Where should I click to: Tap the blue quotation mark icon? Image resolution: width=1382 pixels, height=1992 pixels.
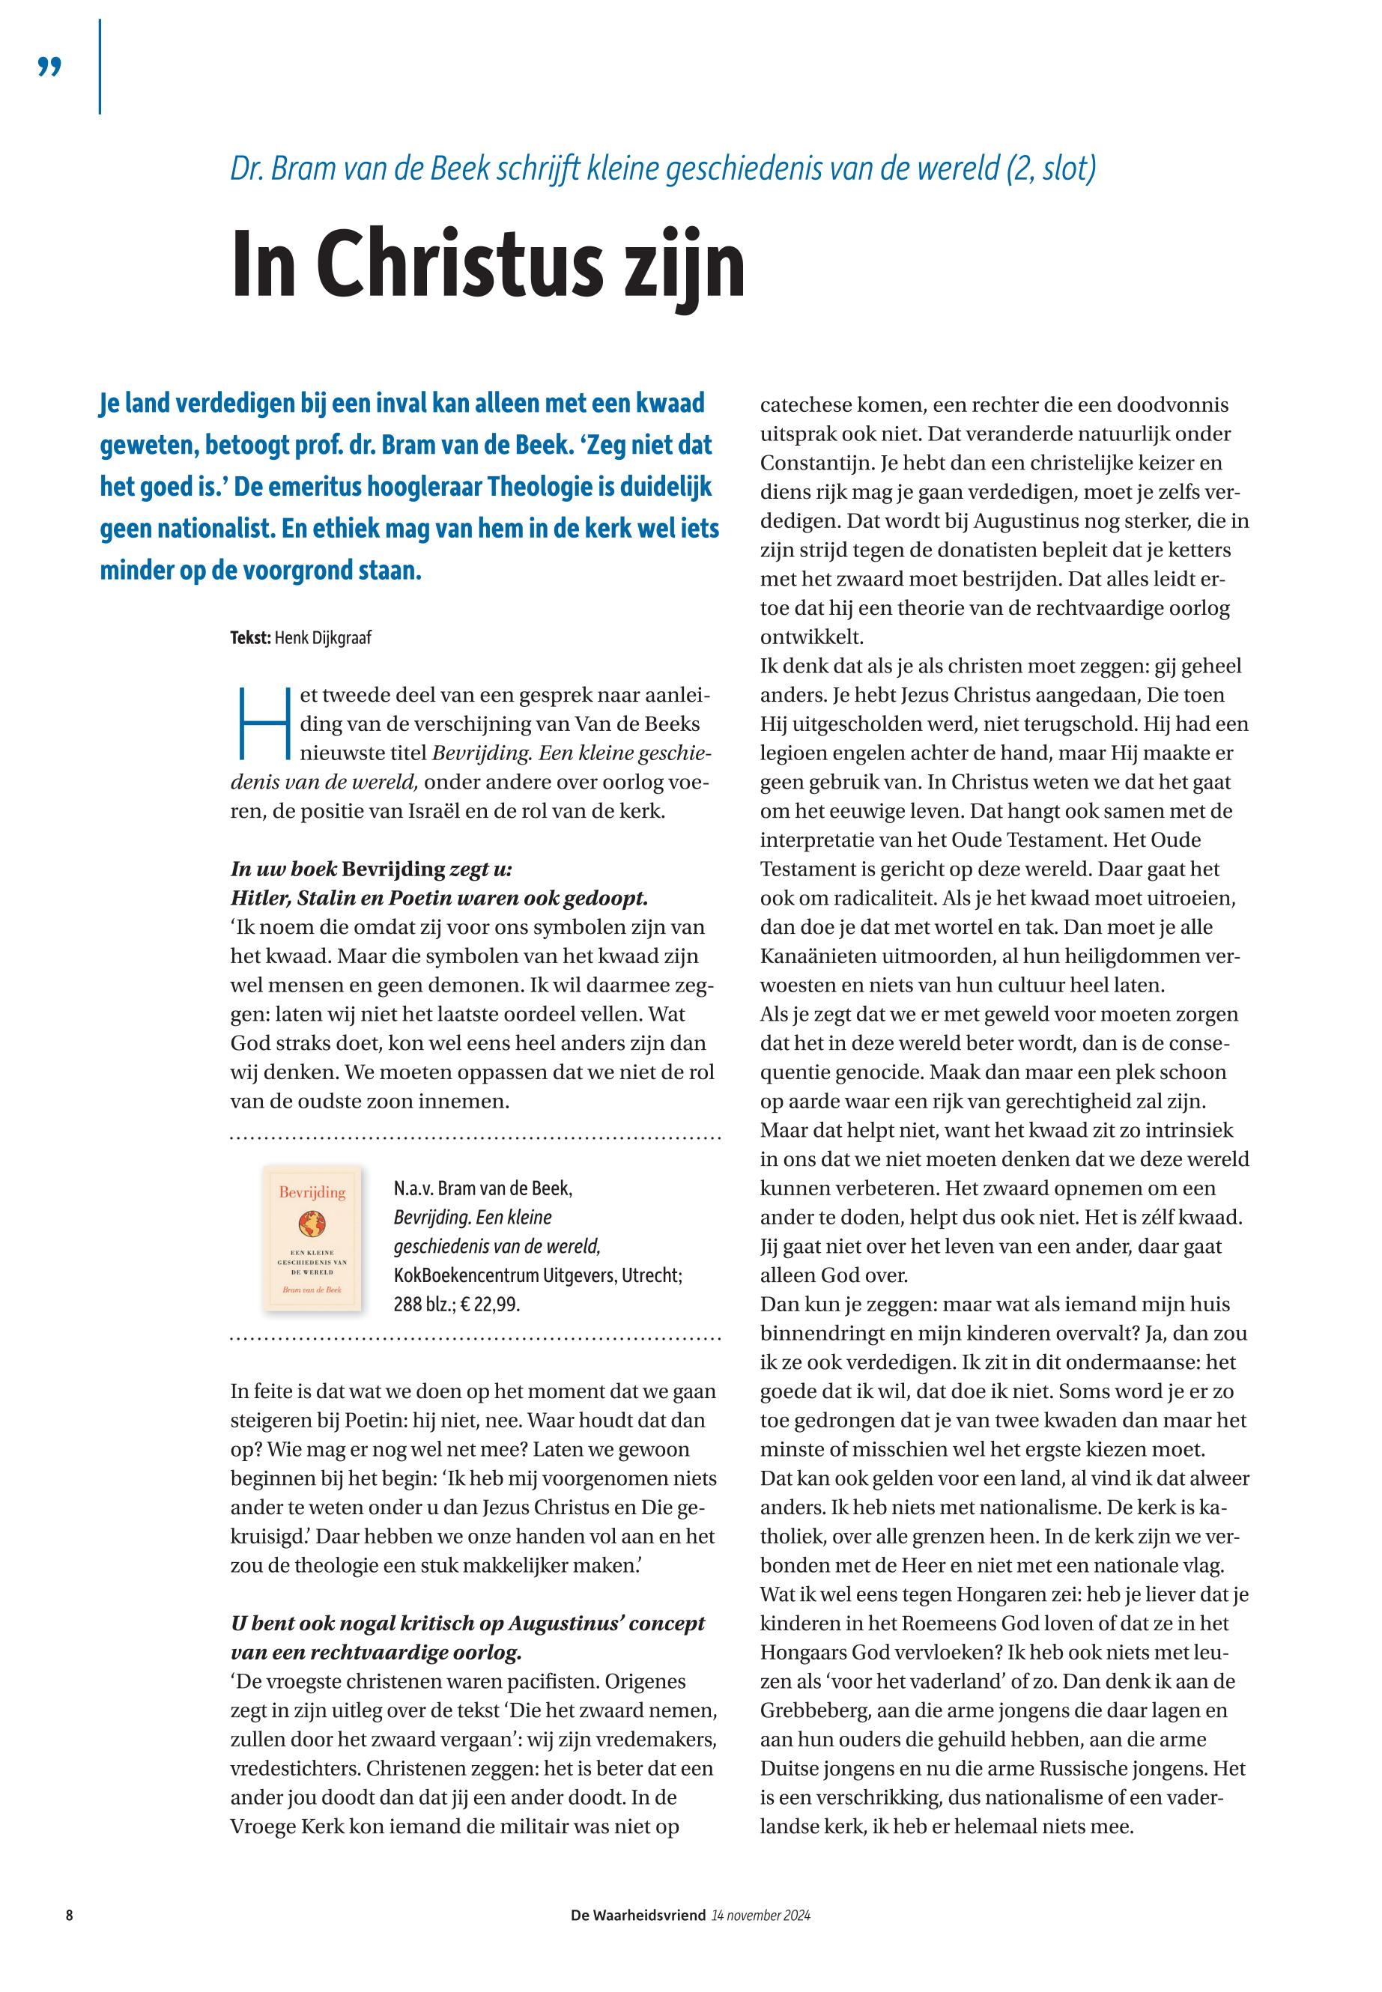pyautogui.click(x=50, y=67)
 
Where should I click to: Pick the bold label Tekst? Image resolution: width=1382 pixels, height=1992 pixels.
pyautogui.click(x=250, y=639)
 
